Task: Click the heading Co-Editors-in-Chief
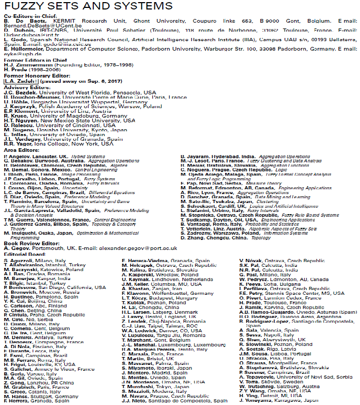[27, 17]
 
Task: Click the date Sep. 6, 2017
[104, 82]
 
